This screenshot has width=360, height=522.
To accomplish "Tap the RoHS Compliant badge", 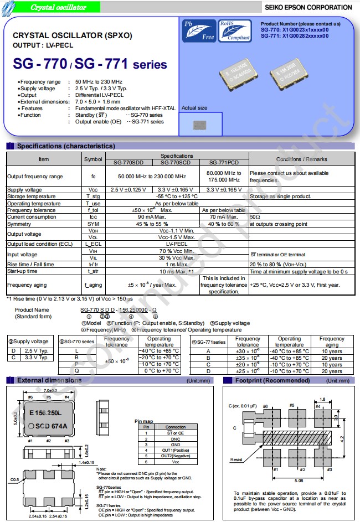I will [234, 31].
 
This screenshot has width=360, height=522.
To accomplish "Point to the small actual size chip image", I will [199, 126].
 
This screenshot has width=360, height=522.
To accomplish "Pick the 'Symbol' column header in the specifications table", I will [92, 159].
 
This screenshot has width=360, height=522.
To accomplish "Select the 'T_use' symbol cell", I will [92, 204].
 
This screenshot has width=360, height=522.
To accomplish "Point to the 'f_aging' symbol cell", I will [92, 285].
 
